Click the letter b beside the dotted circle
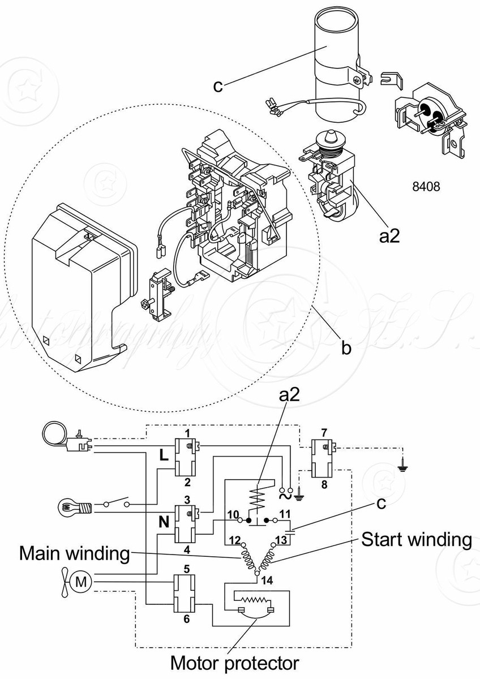click(x=346, y=347)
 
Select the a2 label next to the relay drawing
click(x=389, y=235)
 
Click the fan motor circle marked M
click(x=83, y=580)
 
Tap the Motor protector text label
click(x=234, y=662)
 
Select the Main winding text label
click(x=75, y=553)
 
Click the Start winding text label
click(x=416, y=539)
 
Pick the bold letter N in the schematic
click(x=164, y=523)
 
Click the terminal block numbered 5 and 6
click(x=185, y=594)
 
